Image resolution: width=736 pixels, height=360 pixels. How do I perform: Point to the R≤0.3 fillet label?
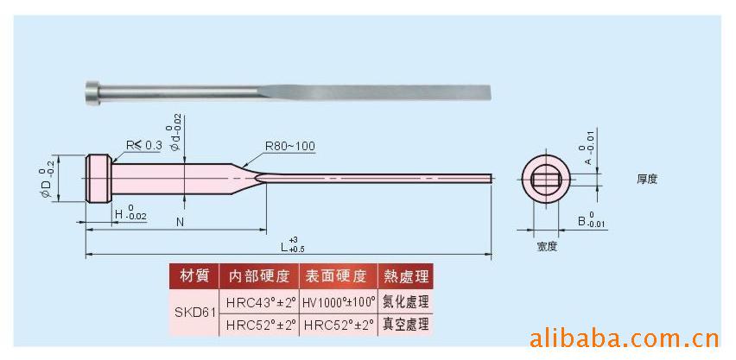click(143, 145)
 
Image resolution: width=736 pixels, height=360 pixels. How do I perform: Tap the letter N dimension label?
click(180, 222)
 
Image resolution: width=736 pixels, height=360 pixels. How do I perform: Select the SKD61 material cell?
click(192, 313)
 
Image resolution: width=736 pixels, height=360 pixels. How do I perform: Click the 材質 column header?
click(193, 276)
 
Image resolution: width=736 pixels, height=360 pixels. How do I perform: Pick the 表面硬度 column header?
click(338, 276)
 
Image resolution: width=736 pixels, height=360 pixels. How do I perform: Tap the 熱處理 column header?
click(404, 276)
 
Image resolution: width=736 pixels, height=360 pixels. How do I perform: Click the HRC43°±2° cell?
click(260, 301)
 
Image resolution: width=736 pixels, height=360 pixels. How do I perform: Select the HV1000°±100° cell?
click(338, 301)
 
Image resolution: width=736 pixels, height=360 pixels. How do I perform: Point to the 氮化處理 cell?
click(404, 301)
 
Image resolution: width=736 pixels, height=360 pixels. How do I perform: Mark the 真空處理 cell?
click(404, 325)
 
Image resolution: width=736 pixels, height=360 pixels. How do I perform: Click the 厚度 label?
click(647, 179)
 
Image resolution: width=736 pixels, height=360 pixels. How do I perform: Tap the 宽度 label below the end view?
click(546, 246)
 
